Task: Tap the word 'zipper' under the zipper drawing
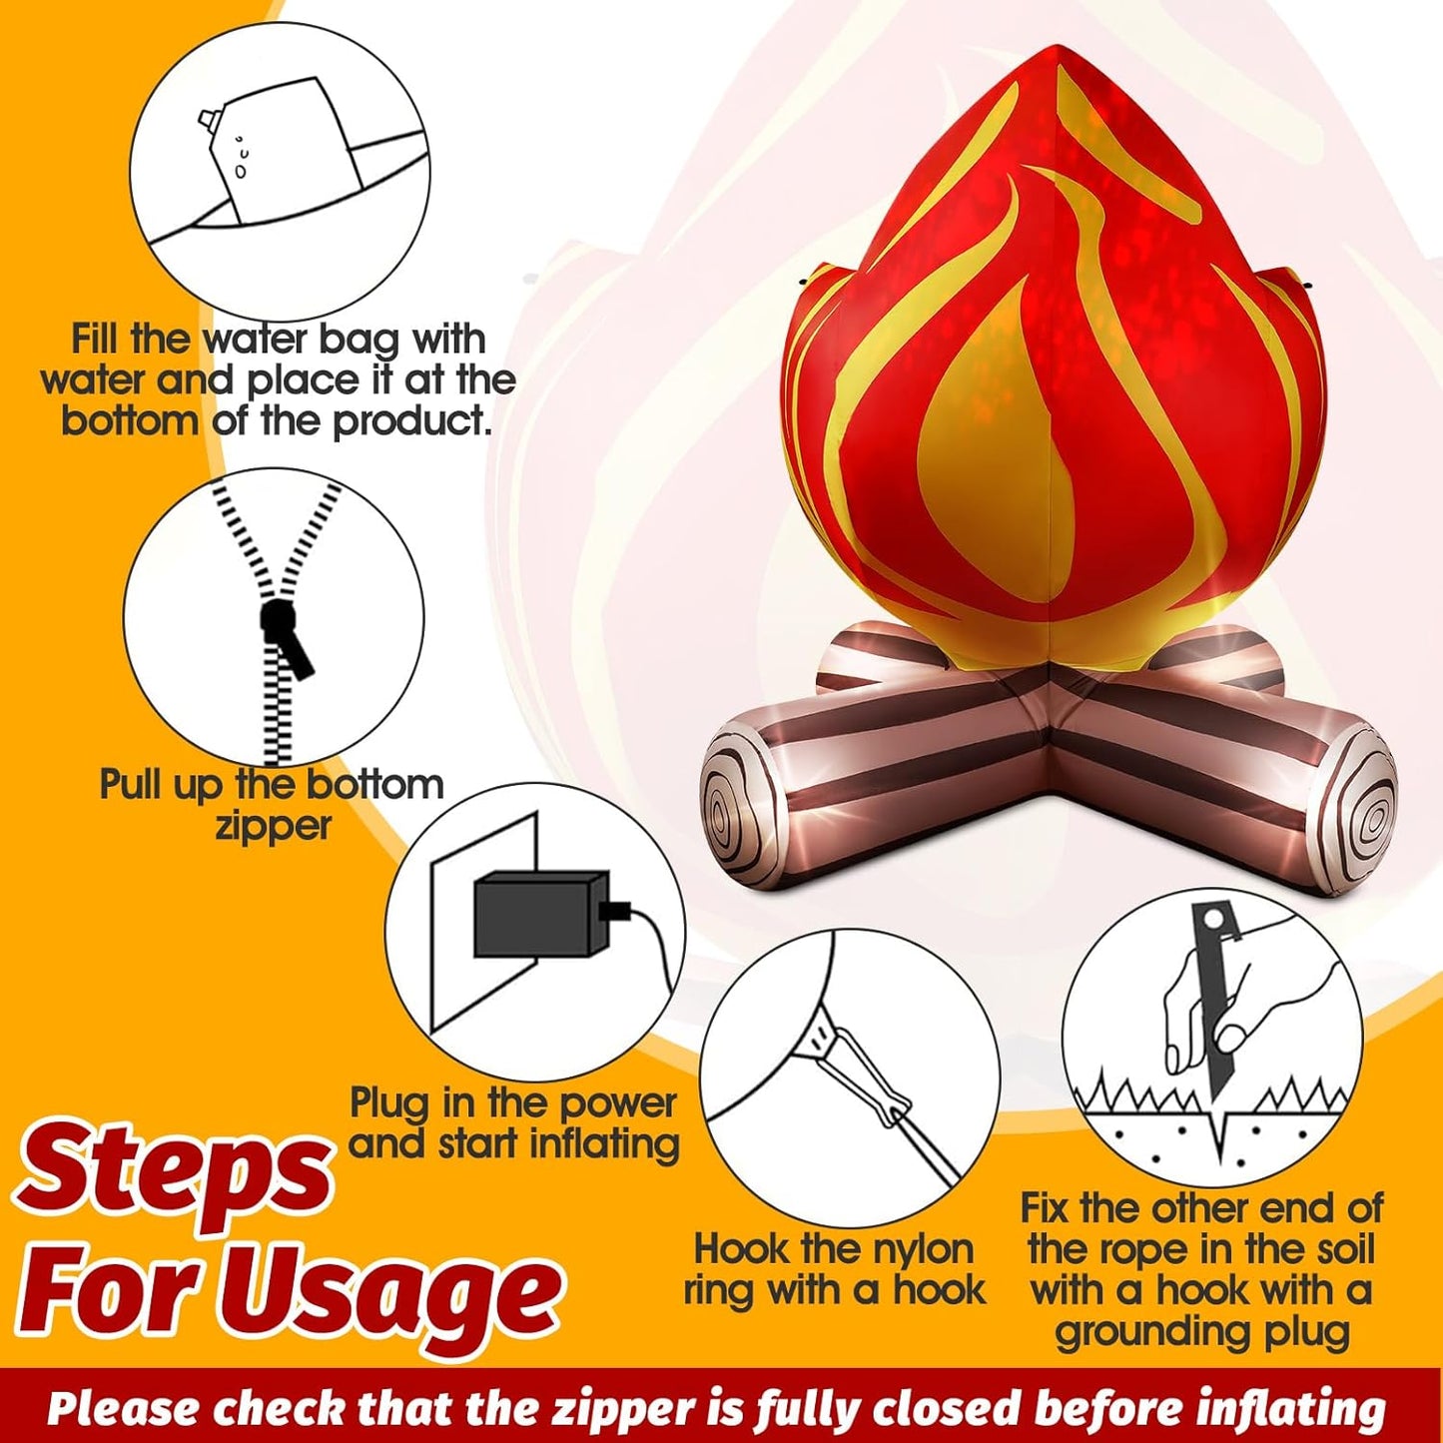(x=273, y=828)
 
